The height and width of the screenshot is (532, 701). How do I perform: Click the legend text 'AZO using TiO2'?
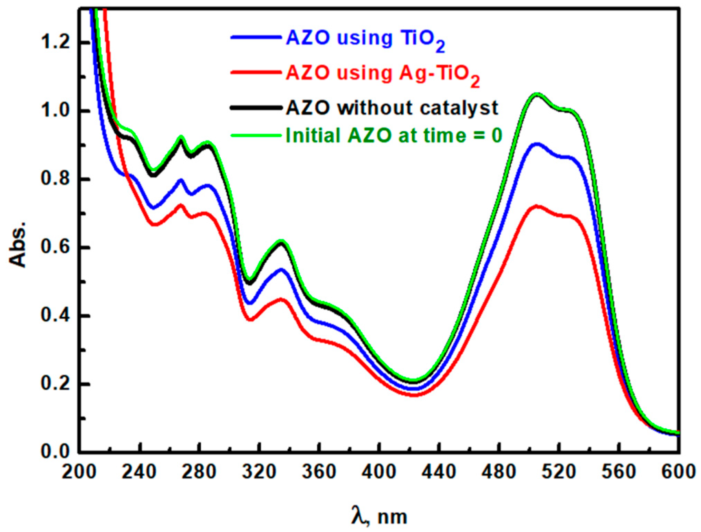(365, 39)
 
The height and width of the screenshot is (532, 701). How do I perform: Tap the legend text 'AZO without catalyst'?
(392, 108)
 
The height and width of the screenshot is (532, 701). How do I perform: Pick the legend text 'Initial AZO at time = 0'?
(394, 136)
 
